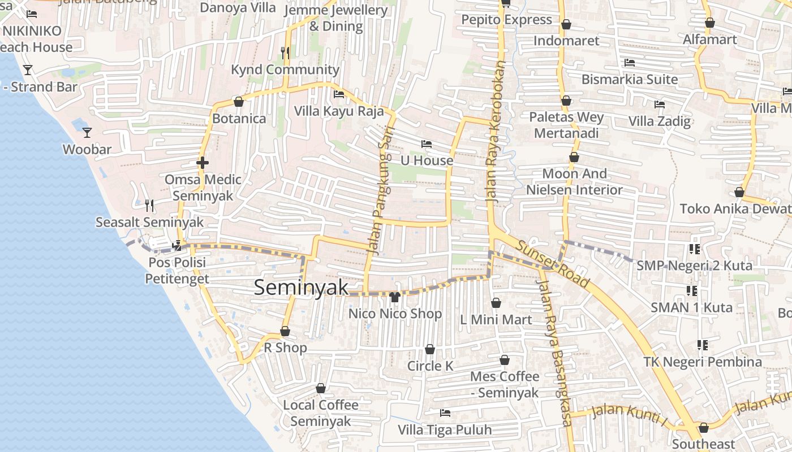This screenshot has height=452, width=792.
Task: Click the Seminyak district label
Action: point(301,287)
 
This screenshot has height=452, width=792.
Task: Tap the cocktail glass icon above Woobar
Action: point(87,133)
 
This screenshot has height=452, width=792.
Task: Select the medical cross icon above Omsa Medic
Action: point(203,163)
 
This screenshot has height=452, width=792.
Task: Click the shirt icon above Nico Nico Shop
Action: point(394,297)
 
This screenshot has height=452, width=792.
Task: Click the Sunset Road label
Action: point(553,263)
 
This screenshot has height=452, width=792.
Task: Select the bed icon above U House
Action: point(427,144)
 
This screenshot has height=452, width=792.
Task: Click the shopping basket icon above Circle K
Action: point(430,349)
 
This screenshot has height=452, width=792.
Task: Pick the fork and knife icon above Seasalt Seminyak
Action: point(149,205)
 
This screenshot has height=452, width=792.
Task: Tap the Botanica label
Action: point(239,119)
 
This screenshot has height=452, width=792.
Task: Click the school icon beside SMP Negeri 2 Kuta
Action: point(695,249)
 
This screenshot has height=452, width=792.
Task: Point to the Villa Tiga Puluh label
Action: point(445,430)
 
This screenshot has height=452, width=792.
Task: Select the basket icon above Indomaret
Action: point(566,24)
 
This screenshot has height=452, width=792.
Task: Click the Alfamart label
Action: point(710,40)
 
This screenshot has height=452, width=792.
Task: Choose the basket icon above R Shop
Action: point(285,331)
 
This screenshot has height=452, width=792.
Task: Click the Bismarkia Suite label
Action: point(630,79)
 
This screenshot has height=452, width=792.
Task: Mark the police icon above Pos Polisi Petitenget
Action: point(177,245)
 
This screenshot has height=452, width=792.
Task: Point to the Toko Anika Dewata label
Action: point(735,208)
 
